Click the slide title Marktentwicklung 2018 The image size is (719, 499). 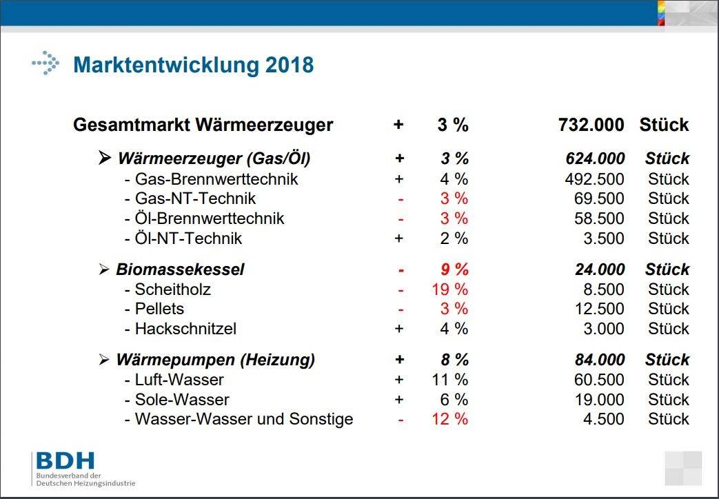coord(193,65)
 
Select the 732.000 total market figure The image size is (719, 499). coord(591,125)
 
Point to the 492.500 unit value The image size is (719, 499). coord(594,179)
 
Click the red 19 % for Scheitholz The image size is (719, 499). coord(449,289)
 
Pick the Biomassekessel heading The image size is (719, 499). coord(180,269)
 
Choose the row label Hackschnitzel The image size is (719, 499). coord(185,329)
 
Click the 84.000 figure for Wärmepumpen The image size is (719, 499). coord(600,360)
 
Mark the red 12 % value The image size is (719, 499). coord(449,419)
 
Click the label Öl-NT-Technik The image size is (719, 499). coord(188,238)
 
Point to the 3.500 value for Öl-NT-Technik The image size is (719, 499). coord(603,238)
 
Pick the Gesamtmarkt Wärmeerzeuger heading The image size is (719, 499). coord(203,125)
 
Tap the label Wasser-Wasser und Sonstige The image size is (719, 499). coord(244,419)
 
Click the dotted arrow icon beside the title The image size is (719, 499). coord(45,63)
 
